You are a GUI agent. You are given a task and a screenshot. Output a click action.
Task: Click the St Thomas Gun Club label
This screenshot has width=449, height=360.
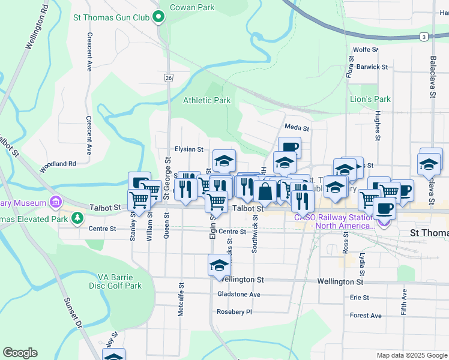click(x=111, y=17)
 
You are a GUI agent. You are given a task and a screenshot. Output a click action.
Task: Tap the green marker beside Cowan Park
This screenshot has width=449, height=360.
click(x=159, y=17)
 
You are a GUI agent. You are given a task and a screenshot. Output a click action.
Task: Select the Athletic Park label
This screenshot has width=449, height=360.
click(x=206, y=101)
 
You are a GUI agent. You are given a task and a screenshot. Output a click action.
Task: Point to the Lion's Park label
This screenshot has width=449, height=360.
click(x=370, y=99)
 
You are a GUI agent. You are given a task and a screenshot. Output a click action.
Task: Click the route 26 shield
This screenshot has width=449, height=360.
click(x=169, y=78)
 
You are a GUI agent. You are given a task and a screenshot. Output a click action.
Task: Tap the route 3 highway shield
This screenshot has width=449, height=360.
click(x=424, y=37)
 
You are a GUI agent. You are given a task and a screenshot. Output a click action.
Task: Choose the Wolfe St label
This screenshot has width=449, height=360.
click(x=366, y=50)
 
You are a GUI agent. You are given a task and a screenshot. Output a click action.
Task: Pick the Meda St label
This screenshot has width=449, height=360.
click(x=297, y=128)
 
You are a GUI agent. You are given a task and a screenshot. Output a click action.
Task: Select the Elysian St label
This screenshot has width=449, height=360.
click(x=189, y=149)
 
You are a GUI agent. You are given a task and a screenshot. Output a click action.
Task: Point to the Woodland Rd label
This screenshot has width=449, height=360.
click(x=58, y=163)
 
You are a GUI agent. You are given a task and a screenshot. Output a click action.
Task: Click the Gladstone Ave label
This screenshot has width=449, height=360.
click(x=239, y=295)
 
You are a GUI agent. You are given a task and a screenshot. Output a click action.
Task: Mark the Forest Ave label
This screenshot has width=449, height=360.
click(x=366, y=316)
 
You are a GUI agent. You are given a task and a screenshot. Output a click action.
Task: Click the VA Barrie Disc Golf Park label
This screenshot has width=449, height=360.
click(x=119, y=281)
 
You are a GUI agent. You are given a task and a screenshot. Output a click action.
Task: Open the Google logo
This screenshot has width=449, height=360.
click(x=20, y=353)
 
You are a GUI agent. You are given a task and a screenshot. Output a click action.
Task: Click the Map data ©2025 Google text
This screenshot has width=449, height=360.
click(x=411, y=355)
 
